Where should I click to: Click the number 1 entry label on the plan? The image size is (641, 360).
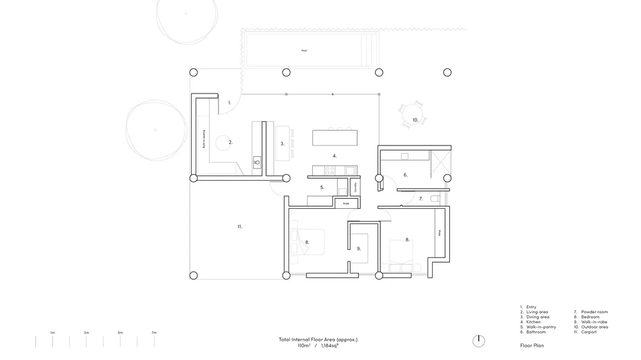point(229,102)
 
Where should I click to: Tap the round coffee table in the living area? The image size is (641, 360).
point(223,142)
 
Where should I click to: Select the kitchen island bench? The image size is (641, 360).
point(334,138)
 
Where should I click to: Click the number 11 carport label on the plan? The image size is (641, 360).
point(240,226)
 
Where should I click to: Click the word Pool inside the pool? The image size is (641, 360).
point(304,51)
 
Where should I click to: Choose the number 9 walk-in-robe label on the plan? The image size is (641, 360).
point(359,248)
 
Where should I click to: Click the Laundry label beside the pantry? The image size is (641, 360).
point(355,188)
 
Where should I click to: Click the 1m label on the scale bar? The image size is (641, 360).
point(53,333)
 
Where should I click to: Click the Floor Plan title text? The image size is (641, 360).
point(532,345)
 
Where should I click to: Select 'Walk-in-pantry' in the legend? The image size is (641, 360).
point(541,327)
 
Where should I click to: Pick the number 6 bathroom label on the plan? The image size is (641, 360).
point(405,174)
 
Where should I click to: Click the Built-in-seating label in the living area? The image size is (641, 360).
point(203,139)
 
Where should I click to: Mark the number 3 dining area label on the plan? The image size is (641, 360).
point(282,143)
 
